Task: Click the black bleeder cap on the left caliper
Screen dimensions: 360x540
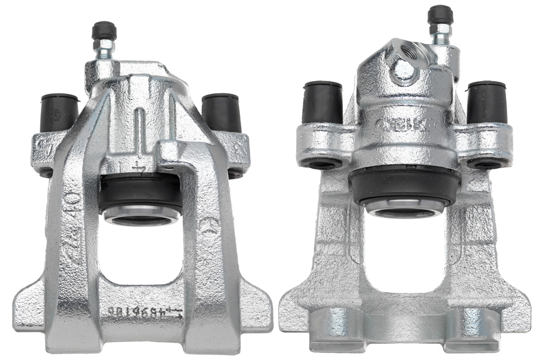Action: [x=104, y=31]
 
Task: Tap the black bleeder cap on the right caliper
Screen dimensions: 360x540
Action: [x=440, y=15]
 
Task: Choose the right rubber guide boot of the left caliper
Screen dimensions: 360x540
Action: [x=220, y=112]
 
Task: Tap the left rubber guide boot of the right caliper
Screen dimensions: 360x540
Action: [x=323, y=103]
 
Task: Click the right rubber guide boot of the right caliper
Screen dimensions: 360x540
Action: [x=487, y=103]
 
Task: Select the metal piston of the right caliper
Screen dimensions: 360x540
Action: [x=404, y=208]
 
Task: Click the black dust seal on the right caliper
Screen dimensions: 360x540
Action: [x=404, y=184]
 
